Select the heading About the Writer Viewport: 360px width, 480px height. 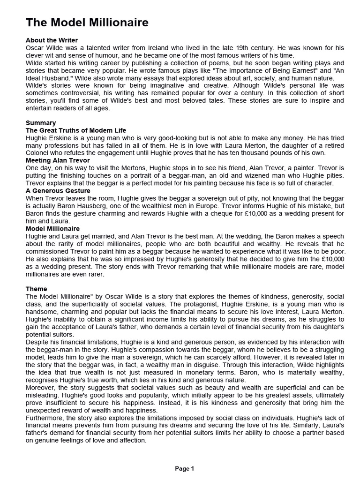pyautogui.click(x=52, y=40)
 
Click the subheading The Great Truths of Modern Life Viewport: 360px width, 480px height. pyautogui.click(x=75, y=130)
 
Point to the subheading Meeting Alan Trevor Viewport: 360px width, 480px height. pyautogui.click(x=58, y=160)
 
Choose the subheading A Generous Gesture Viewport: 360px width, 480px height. pyautogui.click(x=58, y=191)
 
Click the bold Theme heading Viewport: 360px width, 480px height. pyautogui.click(x=37, y=289)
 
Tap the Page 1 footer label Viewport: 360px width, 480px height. pyautogui.click(x=185, y=468)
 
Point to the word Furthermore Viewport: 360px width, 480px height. pyautogui.click(x=45, y=418)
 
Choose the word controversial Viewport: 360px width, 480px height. pyautogui.click(x=59, y=93)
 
